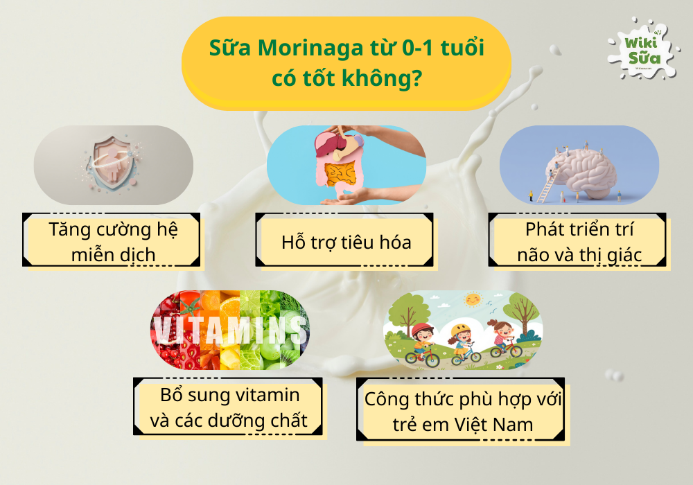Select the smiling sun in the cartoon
pos(473,299)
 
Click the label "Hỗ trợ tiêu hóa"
pos(346,242)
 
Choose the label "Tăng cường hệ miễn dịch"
pos(113,242)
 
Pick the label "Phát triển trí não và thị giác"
pos(579,242)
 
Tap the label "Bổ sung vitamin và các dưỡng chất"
pos(230,407)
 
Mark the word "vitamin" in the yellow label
pos(266,396)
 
